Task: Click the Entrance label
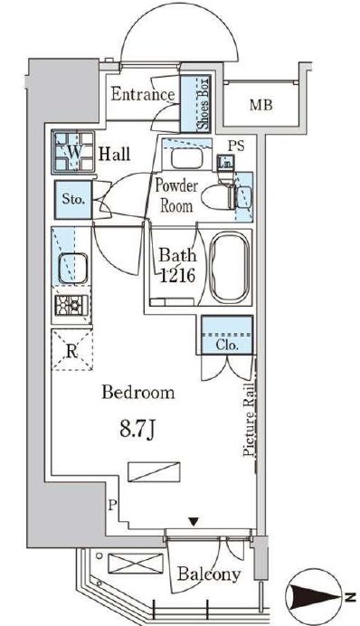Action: pyautogui.click(x=143, y=94)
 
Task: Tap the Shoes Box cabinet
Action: pyautogui.click(x=195, y=104)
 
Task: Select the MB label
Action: pyautogui.click(x=261, y=105)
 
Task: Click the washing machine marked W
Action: pyautogui.click(x=73, y=152)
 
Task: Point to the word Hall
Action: pyautogui.click(x=115, y=154)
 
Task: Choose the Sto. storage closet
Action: pyautogui.click(x=73, y=200)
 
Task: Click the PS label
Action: pyautogui.click(x=236, y=147)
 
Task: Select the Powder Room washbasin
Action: pyautogui.click(x=187, y=158)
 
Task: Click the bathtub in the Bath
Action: pyautogui.click(x=230, y=267)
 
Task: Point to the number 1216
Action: pyautogui.click(x=177, y=275)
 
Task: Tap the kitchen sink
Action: pyautogui.click(x=72, y=268)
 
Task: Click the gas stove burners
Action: pyautogui.click(x=71, y=306)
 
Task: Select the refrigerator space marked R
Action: pyautogui.click(x=71, y=350)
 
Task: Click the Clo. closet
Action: pyautogui.click(x=227, y=335)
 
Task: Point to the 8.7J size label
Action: pyautogui.click(x=137, y=432)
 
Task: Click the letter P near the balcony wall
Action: pyautogui.click(x=112, y=507)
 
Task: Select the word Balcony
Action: pyautogui.click(x=209, y=574)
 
